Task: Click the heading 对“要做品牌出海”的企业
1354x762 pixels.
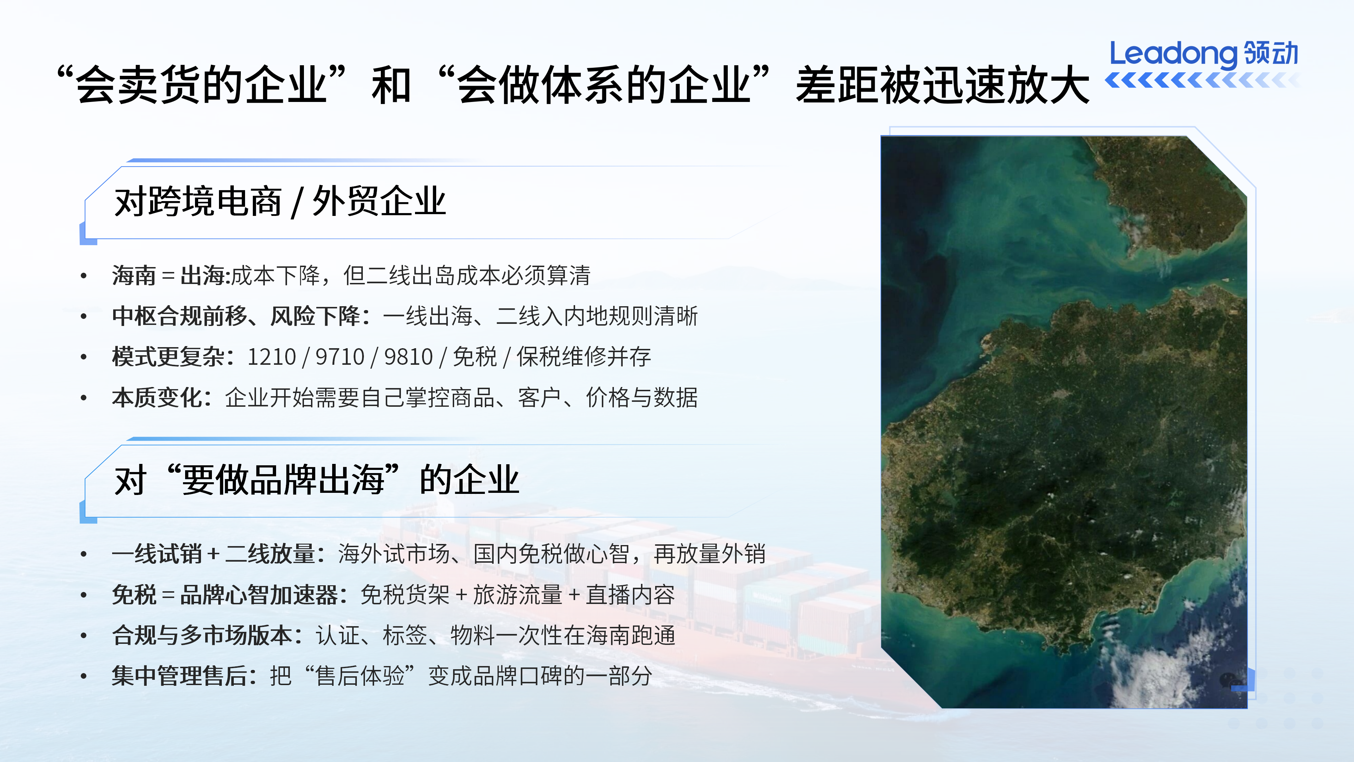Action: point(316,480)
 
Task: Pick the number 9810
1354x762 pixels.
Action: point(408,357)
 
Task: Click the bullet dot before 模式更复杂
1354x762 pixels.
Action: point(84,357)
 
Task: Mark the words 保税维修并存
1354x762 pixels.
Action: point(584,357)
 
